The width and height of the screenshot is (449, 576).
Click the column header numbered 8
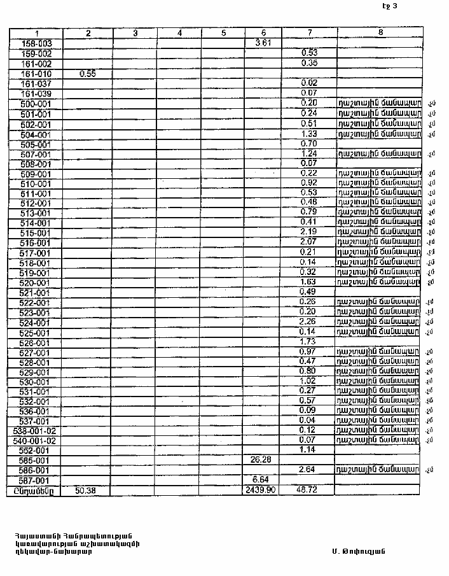[380, 32]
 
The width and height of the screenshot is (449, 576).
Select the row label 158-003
[36, 44]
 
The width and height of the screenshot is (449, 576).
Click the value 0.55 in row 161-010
[88, 74]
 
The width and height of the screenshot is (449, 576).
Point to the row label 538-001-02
[35, 431]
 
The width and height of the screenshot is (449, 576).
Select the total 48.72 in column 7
[308, 490]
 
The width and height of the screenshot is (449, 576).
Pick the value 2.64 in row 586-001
[309, 470]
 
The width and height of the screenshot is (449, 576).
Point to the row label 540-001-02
[35, 440]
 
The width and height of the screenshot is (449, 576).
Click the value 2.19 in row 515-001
[309, 232]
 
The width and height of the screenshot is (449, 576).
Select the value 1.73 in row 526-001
[309, 342]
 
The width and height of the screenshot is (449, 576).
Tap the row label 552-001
[36, 451]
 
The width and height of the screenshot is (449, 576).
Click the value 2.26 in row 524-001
[309, 322]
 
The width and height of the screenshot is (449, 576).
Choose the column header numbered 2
[88, 33]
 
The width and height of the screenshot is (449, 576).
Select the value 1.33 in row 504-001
[309, 134]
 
